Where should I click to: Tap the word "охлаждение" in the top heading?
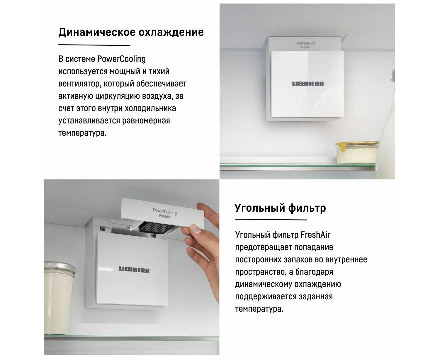pyautogui.click(x=171, y=33)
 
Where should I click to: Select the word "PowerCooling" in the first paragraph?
pyautogui.click(x=121, y=59)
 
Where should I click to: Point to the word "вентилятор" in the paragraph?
pyautogui.click(x=79, y=84)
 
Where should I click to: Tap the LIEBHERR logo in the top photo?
pyautogui.click(x=308, y=84)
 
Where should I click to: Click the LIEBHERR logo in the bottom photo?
pyautogui.click(x=134, y=270)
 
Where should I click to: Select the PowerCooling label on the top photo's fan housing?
pyautogui.click(x=305, y=43)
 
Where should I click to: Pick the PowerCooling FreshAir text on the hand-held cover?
pyautogui.click(x=165, y=213)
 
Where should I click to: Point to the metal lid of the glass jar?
pyautogui.click(x=60, y=268)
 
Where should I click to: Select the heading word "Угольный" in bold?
pyautogui.click(x=260, y=208)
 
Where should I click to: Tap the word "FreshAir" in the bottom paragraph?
pyautogui.click(x=315, y=235)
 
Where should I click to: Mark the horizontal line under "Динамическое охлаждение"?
pyautogui.click(x=94, y=45)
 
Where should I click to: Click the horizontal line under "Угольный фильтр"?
pyautogui.click(x=271, y=220)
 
